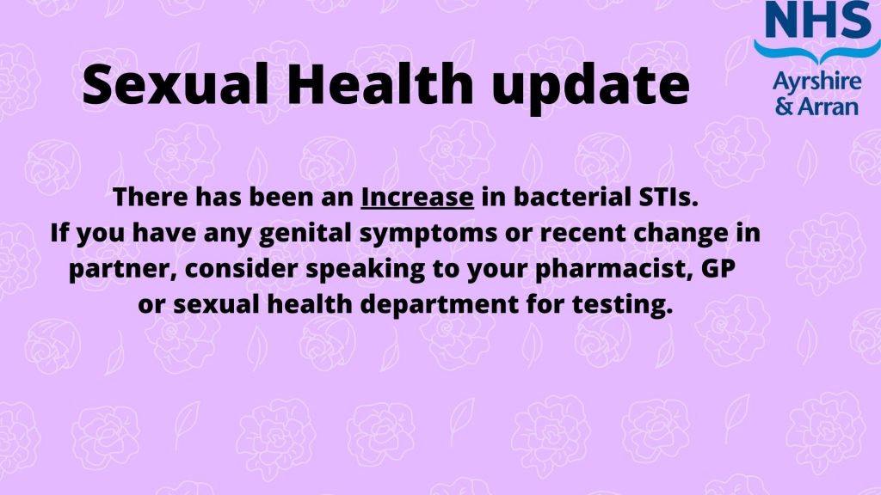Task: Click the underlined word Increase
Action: click(417, 198)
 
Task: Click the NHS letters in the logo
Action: click(817, 21)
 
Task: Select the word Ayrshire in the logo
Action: click(817, 82)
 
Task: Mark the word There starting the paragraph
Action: click(150, 198)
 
